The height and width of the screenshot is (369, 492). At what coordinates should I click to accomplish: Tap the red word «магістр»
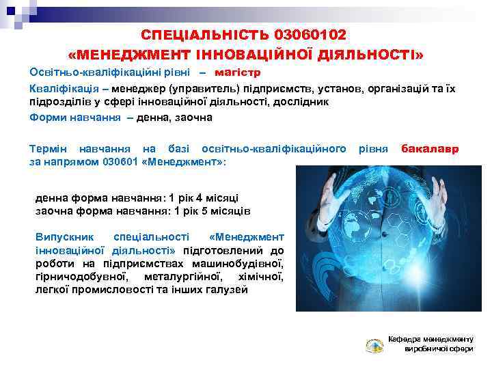(x=238, y=72)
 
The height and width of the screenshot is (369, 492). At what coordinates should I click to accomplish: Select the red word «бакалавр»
(x=430, y=148)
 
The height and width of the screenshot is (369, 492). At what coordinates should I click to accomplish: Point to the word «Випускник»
(x=64, y=236)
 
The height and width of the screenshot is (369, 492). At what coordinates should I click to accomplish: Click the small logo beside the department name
(x=374, y=345)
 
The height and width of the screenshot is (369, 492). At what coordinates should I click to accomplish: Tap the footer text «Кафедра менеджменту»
(x=430, y=339)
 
